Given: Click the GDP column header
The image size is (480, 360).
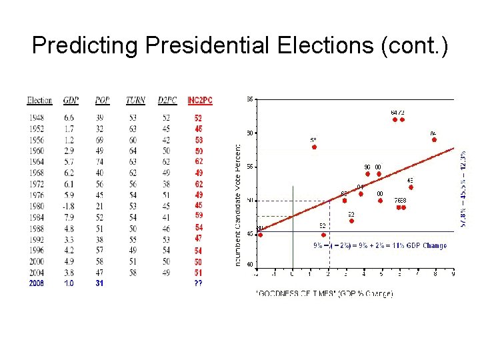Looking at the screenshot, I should click(71, 101).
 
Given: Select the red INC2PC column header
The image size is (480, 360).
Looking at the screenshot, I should click(199, 101).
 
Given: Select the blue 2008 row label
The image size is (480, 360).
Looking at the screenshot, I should click(36, 283).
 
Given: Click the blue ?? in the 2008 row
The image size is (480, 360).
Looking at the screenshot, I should click(198, 283).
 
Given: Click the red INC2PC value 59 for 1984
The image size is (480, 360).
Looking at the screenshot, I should click(198, 217).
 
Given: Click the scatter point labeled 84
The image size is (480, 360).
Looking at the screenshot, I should click(434, 139).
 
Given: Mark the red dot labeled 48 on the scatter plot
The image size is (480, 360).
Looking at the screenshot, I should click(411, 187).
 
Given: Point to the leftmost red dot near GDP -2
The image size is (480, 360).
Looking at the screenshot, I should click(260, 235).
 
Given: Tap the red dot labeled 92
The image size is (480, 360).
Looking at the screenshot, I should click(351, 221).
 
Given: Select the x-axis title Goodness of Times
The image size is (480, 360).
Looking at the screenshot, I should click(325, 293).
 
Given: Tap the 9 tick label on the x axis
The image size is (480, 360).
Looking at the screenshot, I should click(453, 273).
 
